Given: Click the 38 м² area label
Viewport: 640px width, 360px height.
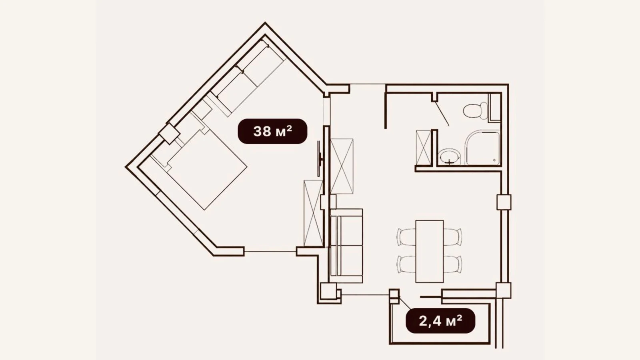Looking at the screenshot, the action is (272, 131).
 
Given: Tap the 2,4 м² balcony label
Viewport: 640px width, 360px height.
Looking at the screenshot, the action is (440, 320).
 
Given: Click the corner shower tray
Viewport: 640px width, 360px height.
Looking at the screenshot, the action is (483, 148).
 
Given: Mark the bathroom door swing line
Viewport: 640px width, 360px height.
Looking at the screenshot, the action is (442, 114).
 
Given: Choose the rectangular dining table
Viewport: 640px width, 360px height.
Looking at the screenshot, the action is (430, 251).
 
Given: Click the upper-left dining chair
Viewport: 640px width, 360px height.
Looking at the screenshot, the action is (406, 237).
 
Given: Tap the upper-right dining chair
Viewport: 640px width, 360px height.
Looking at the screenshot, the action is (453, 237).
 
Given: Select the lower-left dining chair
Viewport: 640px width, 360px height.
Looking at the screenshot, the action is (406, 264).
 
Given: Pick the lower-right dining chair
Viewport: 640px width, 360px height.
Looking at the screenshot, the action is (453, 264).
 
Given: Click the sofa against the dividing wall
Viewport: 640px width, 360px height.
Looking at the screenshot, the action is (346, 246).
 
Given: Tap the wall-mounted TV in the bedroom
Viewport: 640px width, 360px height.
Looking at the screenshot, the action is (320, 158).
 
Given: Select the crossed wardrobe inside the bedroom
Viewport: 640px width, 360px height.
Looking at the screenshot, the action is (314, 213).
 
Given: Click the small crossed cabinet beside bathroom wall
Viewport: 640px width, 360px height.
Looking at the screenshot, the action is (424, 148).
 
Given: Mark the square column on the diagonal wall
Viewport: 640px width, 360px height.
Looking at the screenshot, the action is (169, 134).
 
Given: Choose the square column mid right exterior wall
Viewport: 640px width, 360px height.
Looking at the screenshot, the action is (504, 202).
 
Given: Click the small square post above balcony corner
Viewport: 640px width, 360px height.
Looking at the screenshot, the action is (394, 296).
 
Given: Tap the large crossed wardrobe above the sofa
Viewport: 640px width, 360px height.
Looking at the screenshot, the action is (342, 166).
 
